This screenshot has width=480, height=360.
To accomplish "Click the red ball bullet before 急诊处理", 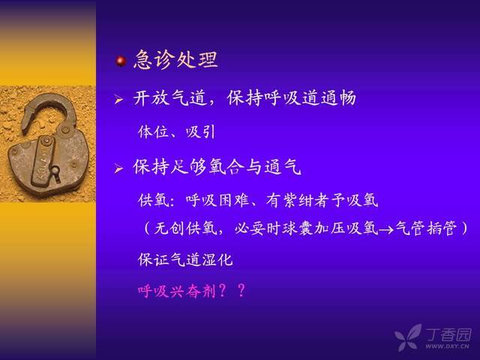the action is click(x=121, y=61).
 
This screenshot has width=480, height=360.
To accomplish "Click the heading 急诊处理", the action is click(x=175, y=59).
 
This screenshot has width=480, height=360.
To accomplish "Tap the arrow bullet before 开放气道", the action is click(x=118, y=100).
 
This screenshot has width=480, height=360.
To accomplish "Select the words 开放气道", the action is click(x=170, y=98).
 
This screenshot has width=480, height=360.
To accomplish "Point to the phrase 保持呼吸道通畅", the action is click(x=292, y=98).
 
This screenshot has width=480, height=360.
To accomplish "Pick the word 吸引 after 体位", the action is click(x=200, y=132).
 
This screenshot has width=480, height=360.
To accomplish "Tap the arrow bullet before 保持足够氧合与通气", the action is click(x=118, y=168).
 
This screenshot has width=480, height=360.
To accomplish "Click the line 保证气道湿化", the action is click(x=185, y=260).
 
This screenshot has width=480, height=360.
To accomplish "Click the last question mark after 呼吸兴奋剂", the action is click(x=241, y=290).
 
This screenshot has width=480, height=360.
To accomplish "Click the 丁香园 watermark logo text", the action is click(x=448, y=334).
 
